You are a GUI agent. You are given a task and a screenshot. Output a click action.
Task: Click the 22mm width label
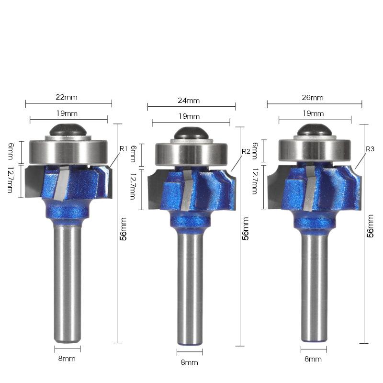[67, 97]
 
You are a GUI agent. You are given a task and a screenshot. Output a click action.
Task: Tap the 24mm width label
[189, 101]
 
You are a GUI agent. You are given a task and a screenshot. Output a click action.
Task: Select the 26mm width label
[313, 98]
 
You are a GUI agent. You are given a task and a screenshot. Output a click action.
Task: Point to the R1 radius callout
[124, 148]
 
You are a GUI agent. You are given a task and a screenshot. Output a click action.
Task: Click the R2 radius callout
[246, 151]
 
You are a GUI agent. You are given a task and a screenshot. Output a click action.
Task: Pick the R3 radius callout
[370, 149]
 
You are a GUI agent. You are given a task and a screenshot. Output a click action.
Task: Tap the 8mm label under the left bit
[67, 359]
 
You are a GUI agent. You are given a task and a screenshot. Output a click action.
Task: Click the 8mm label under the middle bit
[189, 362]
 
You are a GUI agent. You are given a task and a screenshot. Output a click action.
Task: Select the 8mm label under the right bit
[313, 359]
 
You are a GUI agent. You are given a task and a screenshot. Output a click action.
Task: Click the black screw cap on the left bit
[68, 130]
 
